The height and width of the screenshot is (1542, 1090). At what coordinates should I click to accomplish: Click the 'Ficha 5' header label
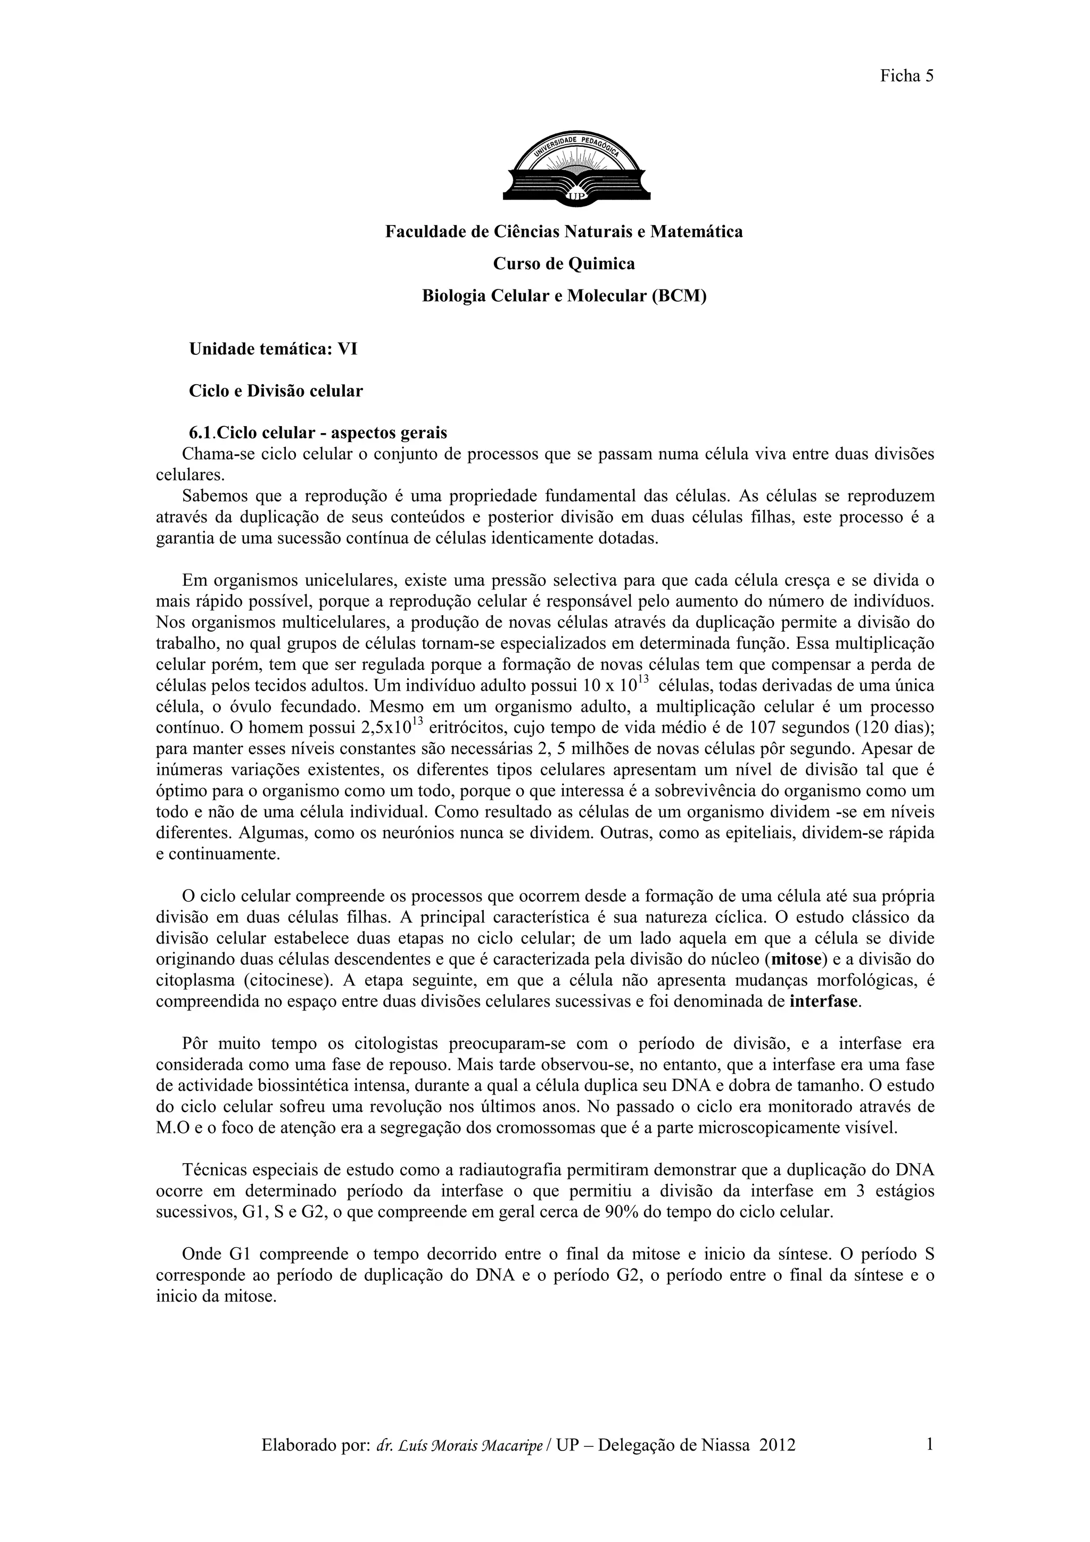[x=907, y=76]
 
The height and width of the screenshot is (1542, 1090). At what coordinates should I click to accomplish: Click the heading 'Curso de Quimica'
[x=564, y=264]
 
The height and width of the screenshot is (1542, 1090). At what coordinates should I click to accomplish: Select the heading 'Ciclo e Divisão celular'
[x=275, y=391]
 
